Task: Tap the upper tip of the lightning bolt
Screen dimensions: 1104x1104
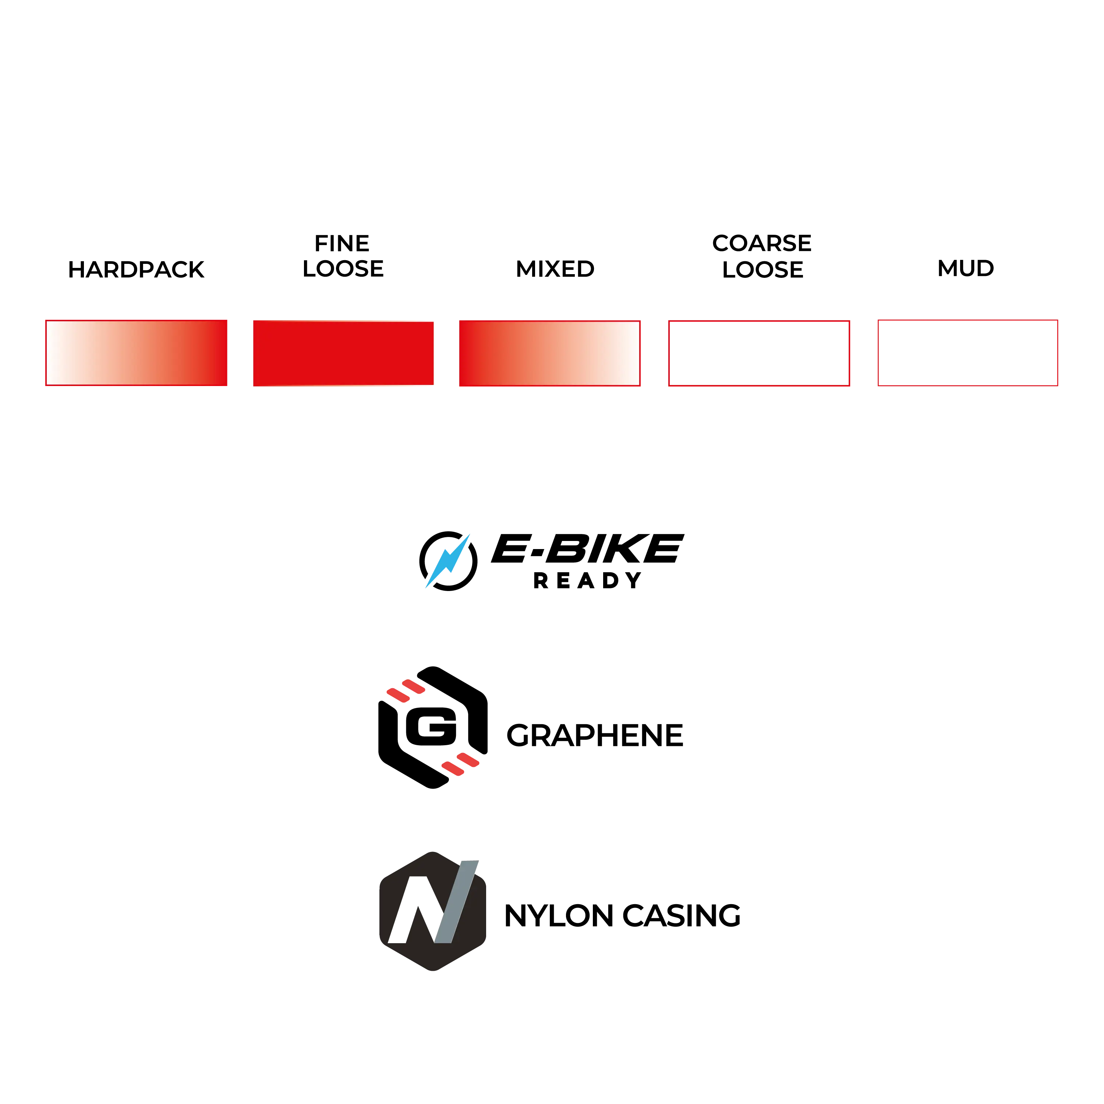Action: point(469,535)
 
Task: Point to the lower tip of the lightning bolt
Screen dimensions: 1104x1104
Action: point(426,587)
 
